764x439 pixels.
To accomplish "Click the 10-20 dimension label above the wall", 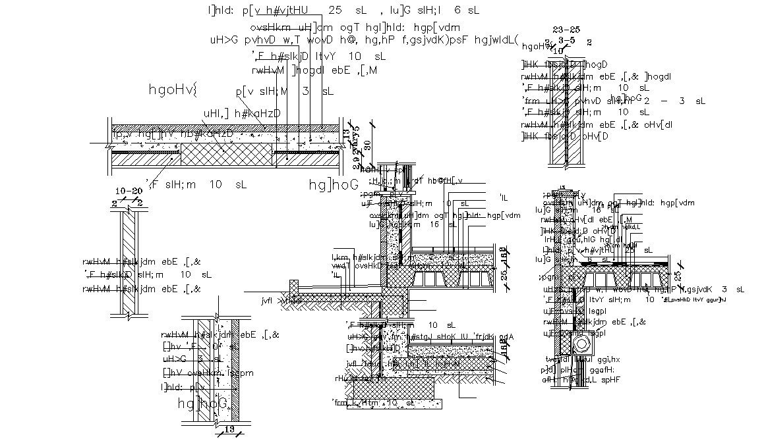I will tap(129, 192).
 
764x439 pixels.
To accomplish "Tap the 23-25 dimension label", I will tap(566, 30).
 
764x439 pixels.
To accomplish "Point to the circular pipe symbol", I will tap(583, 346).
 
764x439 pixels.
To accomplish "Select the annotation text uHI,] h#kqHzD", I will tap(243, 113).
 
